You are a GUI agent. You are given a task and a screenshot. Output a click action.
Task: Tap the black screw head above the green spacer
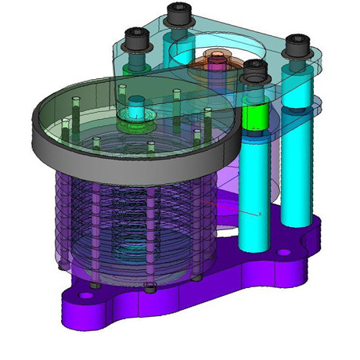click(x=253, y=72)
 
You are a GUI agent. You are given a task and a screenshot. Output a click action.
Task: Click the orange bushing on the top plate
click(x=213, y=59)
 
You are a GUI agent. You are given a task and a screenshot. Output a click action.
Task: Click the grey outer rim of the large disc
click(x=117, y=160)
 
